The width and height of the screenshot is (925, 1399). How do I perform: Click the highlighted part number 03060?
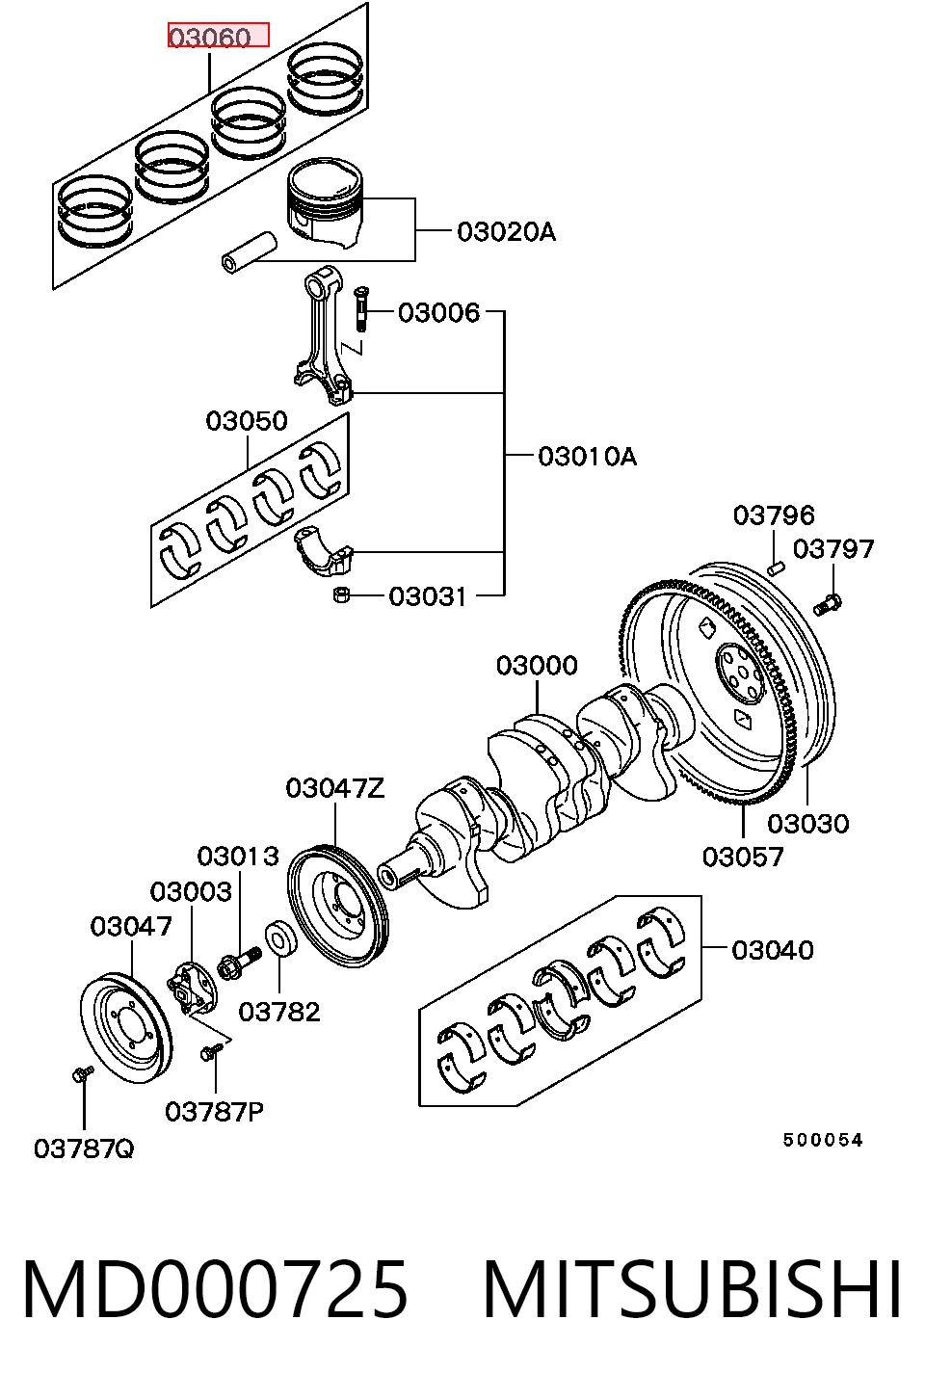point(210,38)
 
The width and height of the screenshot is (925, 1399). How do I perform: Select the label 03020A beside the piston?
point(506,231)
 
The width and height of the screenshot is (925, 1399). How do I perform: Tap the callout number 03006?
point(439,312)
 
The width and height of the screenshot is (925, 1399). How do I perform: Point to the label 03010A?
point(588,457)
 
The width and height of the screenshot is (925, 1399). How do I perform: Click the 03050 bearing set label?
point(247,421)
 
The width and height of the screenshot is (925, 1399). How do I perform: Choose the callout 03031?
point(428,596)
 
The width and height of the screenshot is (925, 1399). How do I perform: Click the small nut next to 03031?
point(341,595)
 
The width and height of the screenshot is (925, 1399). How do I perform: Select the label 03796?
point(774,515)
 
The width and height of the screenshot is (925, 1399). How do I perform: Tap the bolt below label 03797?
point(828,604)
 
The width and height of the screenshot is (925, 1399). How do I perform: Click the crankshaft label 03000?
point(537,666)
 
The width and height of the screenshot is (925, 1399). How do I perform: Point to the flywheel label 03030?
point(808,824)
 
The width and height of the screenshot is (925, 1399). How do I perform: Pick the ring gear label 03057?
point(743,857)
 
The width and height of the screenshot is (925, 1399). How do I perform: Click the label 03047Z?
point(335,789)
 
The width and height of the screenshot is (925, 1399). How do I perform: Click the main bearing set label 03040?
point(773,951)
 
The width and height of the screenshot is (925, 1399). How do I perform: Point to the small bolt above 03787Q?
point(83,1073)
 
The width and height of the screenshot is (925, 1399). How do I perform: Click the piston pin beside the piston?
point(250,252)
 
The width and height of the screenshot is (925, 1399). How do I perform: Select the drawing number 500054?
point(823,1141)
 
